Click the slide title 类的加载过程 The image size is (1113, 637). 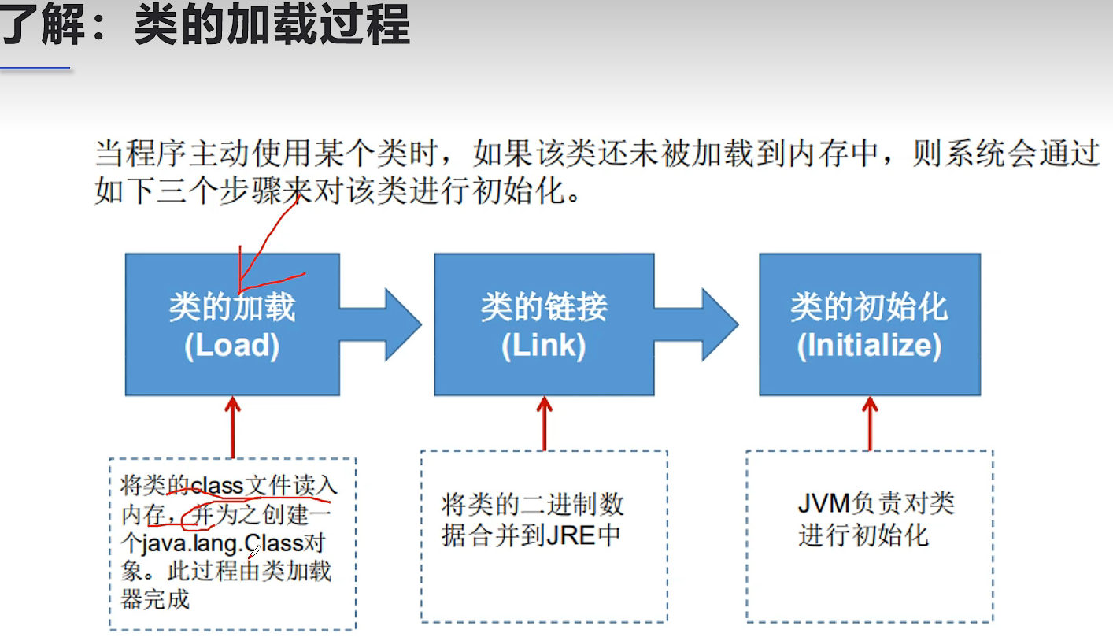(x=272, y=25)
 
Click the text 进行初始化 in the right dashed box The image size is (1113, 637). (x=863, y=535)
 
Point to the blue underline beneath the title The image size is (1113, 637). (x=35, y=69)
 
